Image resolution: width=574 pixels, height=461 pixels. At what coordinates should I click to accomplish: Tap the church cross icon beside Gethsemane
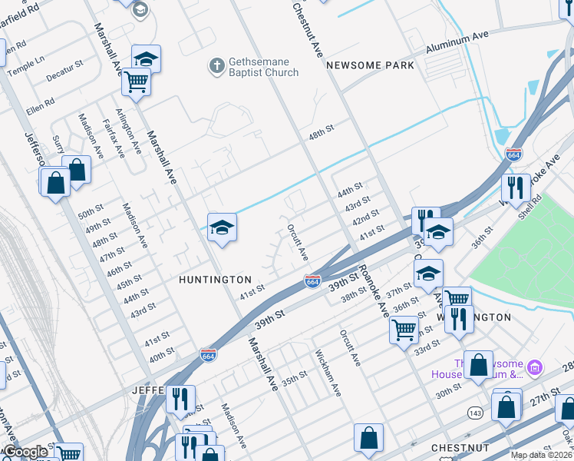pos(217,66)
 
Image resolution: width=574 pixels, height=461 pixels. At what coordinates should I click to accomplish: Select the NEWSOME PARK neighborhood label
pos(370,65)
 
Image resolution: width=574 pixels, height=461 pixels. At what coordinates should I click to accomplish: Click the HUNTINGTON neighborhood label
pos(216,280)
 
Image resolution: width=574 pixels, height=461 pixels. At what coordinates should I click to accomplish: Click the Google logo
pos(25,452)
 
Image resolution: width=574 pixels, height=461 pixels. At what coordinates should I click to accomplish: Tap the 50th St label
pos(91,211)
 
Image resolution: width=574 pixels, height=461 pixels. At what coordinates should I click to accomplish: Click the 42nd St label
pos(365,217)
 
